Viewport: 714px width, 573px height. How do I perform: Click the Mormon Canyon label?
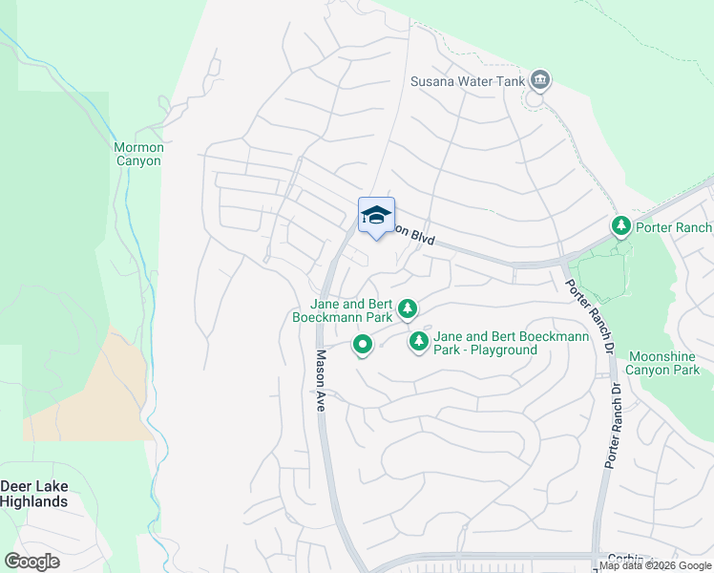(x=138, y=154)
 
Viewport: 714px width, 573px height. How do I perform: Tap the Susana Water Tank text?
(x=468, y=81)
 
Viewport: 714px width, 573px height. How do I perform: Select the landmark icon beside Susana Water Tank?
(x=540, y=79)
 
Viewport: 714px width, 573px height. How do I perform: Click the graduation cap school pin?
(x=376, y=216)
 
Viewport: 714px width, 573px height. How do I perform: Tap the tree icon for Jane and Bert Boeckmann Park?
(x=408, y=308)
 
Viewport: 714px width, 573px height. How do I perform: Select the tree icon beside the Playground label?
(x=418, y=341)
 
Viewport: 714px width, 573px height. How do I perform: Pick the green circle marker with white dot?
(x=362, y=344)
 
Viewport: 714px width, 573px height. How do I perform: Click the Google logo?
(x=32, y=562)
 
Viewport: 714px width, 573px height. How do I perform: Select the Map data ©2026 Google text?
(x=655, y=566)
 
